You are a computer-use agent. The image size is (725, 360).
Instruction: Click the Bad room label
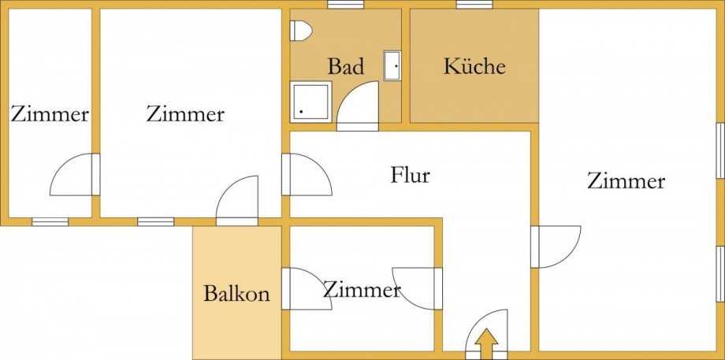tap(346, 67)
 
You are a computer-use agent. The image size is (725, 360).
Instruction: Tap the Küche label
tap(474, 66)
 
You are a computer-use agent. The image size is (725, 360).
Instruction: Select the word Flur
tap(411, 175)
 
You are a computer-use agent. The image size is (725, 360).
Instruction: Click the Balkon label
tap(236, 295)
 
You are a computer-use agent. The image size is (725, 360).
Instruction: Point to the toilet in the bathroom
tap(300, 31)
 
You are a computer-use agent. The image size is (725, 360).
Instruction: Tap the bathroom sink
tap(392, 65)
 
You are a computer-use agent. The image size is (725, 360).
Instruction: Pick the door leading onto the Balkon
tap(238, 201)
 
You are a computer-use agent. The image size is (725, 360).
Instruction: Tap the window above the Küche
tap(474, 5)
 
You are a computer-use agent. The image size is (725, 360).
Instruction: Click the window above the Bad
tap(345, 5)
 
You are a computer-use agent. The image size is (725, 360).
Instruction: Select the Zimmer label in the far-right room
tap(626, 182)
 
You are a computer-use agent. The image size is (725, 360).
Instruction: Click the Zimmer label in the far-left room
tap(50, 114)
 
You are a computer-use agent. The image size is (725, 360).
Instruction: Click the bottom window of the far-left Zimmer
tap(50, 221)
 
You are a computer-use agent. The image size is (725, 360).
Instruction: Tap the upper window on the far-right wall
tap(720, 150)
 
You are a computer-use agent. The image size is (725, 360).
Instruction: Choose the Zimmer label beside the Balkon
tap(361, 291)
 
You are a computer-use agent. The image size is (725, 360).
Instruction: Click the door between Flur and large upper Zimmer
tap(306, 174)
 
